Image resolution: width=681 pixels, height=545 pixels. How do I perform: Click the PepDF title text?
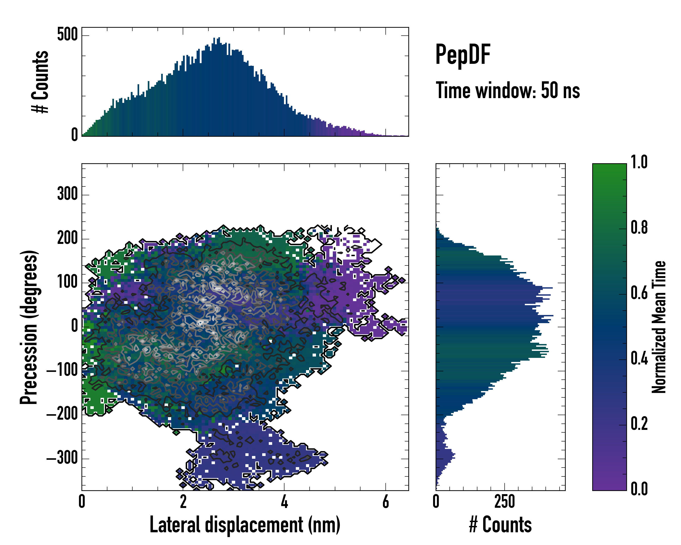click(463, 55)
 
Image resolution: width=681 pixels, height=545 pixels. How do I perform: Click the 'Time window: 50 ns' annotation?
click(508, 91)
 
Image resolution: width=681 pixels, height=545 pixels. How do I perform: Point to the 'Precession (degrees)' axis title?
click(29, 327)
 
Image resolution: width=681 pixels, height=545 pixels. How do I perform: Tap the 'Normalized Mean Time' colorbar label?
click(659, 327)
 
